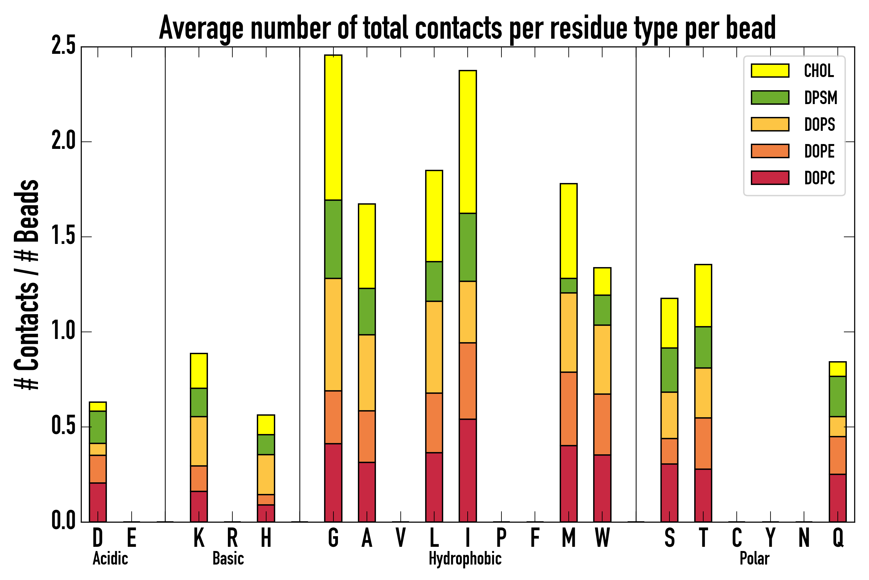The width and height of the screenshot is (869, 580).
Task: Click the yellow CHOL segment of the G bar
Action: click(x=333, y=128)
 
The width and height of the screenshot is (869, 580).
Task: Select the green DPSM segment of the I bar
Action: click(x=467, y=247)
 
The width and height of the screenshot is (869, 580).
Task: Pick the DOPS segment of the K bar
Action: click(x=199, y=441)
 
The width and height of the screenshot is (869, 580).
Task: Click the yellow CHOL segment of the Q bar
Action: click(x=837, y=369)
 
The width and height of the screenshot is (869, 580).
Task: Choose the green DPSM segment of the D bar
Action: click(x=98, y=427)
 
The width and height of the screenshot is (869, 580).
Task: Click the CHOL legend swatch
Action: click(x=770, y=71)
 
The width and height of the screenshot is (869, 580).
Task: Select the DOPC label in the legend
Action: click(x=819, y=178)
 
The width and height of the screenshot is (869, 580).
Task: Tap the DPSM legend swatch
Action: click(x=770, y=97)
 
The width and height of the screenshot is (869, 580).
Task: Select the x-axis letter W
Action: click(x=602, y=538)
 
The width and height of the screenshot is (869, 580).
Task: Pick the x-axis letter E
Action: click(x=132, y=538)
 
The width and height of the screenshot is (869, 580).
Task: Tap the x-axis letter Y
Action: click(x=770, y=538)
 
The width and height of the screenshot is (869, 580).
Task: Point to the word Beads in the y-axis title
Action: click(x=27, y=211)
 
